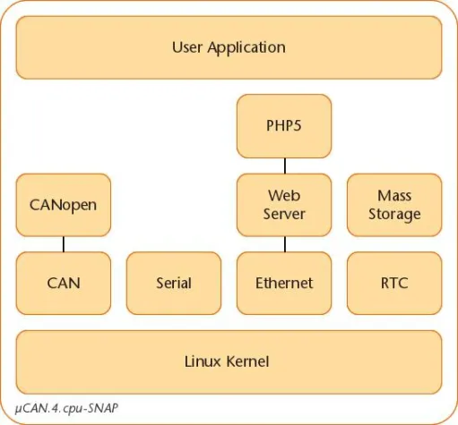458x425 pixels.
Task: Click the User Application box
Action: tap(229, 47)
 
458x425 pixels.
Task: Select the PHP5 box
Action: tap(284, 126)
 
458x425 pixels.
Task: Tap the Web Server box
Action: tap(284, 205)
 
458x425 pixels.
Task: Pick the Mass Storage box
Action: tap(394, 205)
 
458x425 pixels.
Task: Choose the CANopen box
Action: tap(64, 205)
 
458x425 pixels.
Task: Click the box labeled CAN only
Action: tap(64, 283)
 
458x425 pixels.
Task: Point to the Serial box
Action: tap(174, 283)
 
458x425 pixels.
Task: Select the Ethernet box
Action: tap(284, 283)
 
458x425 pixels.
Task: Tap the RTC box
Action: tap(394, 283)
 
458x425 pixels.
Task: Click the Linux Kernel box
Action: tap(229, 362)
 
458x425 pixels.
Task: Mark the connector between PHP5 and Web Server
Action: tap(285, 166)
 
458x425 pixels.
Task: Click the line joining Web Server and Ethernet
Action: tap(285, 244)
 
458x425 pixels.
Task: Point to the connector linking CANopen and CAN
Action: tap(64, 244)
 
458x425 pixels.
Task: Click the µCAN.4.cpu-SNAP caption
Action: tap(66, 408)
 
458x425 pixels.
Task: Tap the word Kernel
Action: tap(247, 361)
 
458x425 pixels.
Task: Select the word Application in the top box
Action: tap(246, 48)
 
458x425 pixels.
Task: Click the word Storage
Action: tap(394, 215)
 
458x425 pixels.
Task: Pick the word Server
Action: tap(284, 214)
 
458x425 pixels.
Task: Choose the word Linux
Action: tap(204, 361)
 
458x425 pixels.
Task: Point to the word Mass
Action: tap(394, 196)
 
